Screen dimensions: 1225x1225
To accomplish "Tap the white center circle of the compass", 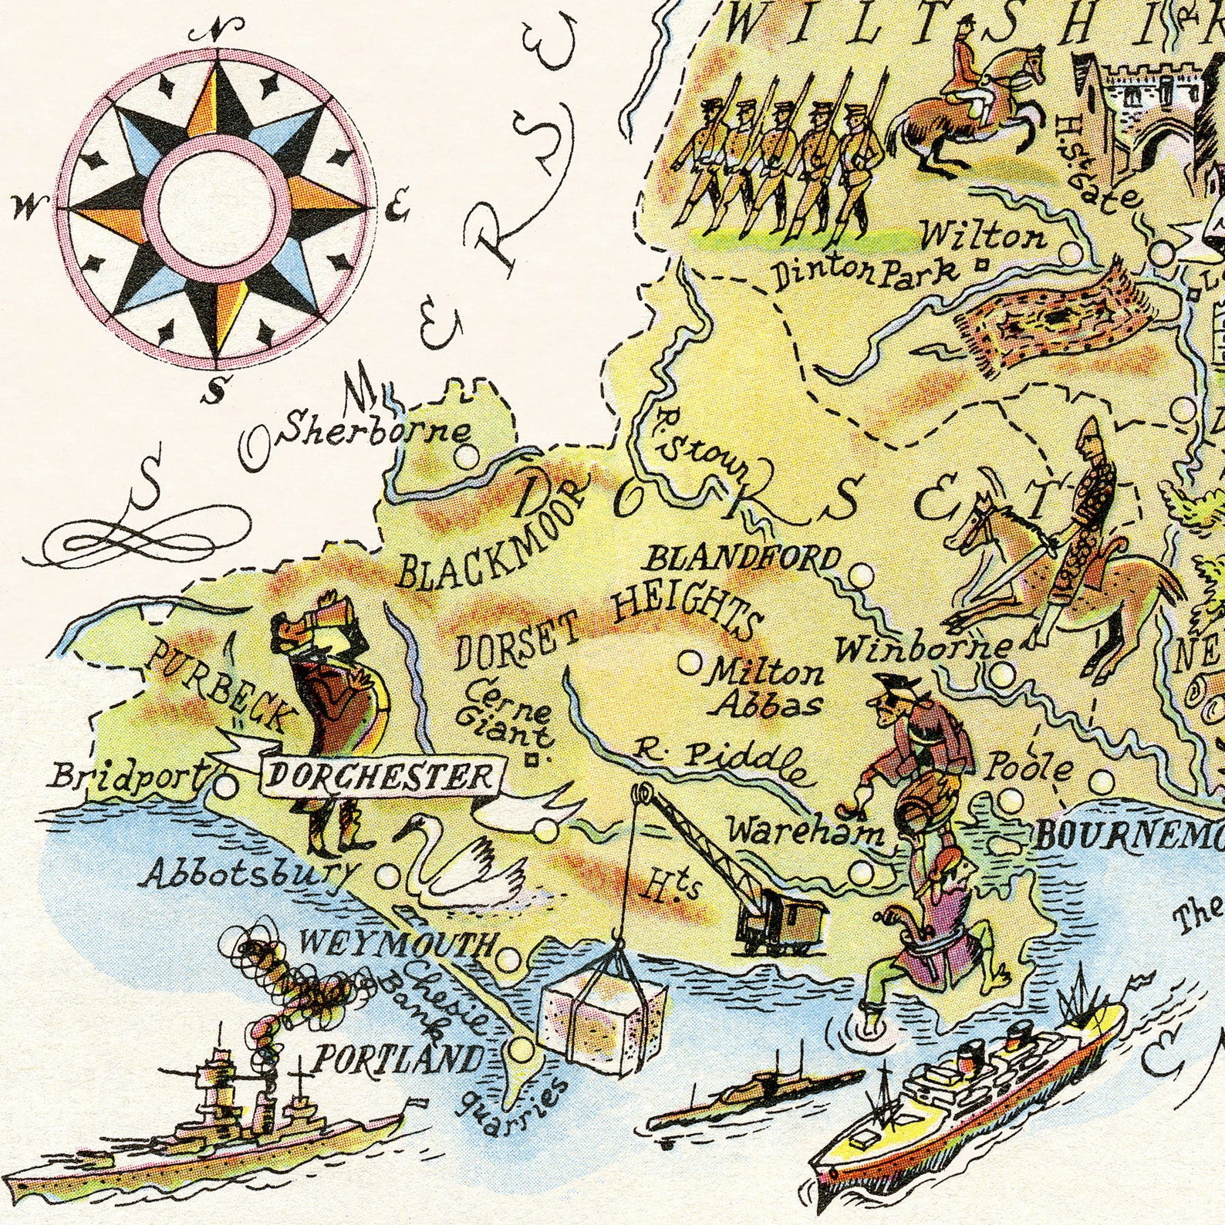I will pos(217,208).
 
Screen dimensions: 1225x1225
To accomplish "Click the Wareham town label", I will pos(805,832).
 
